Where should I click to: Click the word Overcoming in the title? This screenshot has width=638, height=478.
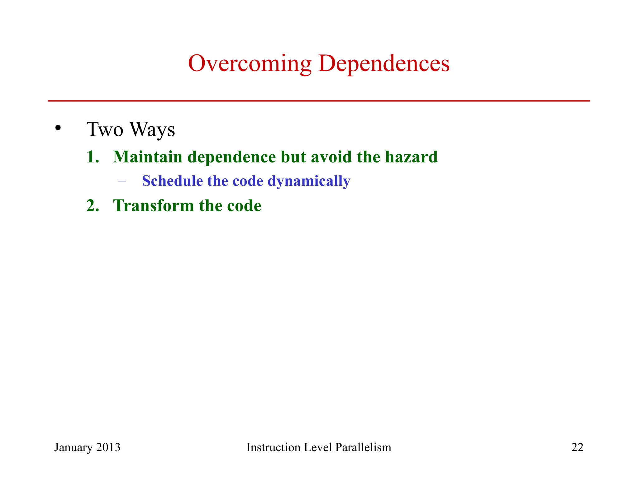point(250,64)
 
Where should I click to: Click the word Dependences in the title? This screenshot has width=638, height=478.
point(384,64)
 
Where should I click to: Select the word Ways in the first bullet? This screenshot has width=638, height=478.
point(153,129)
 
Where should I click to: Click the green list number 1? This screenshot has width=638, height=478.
point(92,157)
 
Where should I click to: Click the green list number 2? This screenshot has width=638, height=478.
point(92,206)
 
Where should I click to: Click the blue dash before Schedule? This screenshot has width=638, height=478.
point(122,181)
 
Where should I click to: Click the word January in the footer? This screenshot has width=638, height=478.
point(74,448)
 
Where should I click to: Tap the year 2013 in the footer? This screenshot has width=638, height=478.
point(108,447)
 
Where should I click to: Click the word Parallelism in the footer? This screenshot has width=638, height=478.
point(363,447)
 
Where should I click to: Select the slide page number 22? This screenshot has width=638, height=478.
point(577,447)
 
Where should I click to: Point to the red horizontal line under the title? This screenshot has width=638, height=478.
point(319,101)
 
